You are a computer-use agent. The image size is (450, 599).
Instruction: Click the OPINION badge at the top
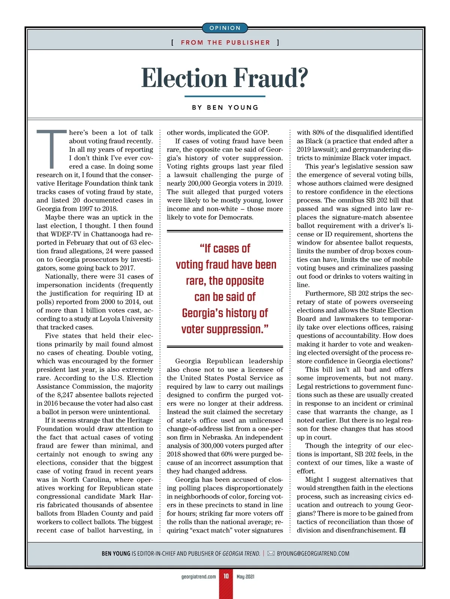225,28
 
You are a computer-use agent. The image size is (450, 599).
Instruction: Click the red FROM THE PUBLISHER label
225,43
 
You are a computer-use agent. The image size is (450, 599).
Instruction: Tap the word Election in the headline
184,78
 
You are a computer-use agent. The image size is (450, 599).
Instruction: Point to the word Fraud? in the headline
271,78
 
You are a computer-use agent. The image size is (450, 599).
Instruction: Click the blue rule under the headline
225,96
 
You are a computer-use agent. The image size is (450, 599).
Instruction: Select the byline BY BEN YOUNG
225,108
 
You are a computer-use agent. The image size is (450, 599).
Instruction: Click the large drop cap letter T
51,149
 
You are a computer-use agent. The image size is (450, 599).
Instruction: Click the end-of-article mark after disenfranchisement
403,530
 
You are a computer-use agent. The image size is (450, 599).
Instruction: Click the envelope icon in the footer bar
271,554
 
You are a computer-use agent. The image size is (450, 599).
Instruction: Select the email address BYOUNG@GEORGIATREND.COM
313,554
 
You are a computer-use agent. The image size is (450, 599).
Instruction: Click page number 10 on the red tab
226,576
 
